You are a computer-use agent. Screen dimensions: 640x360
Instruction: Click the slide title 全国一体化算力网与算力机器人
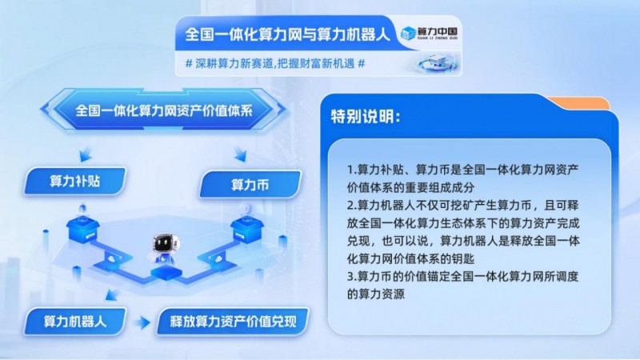[287, 34]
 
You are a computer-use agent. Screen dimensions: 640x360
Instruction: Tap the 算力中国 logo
[429, 33]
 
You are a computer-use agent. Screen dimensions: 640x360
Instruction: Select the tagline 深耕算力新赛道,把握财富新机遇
[275, 64]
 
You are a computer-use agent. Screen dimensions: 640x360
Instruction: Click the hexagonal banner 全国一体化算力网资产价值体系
[164, 110]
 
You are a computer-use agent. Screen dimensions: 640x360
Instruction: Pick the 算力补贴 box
[74, 182]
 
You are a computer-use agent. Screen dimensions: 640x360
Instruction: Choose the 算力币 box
[250, 185]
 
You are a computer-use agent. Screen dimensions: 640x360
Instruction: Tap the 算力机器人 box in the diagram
[74, 322]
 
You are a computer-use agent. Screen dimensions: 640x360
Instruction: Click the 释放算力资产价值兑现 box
[233, 322]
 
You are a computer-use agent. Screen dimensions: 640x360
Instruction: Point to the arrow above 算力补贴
[86, 154]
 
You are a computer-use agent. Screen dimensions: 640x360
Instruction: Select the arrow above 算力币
[241, 154]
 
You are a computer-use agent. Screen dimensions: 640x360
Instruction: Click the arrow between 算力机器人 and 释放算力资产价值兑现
[142, 322]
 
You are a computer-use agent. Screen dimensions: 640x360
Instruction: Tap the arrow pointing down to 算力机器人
[111, 294]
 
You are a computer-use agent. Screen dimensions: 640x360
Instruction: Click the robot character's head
[166, 244]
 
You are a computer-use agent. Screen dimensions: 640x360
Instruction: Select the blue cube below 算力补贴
[83, 229]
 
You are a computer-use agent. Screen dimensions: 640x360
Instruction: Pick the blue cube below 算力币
[247, 230]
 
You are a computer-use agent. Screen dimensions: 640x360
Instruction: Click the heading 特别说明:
[366, 117]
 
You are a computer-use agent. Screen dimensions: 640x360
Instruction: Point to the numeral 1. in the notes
[352, 170]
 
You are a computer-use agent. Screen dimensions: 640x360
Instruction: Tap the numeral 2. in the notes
[352, 206]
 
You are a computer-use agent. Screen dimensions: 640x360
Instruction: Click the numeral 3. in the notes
[352, 277]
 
